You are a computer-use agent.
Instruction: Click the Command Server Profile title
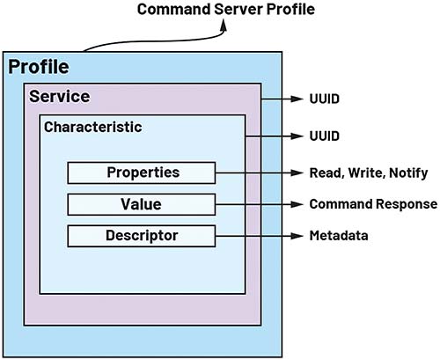point(226,9)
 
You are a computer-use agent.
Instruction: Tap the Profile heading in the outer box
point(39,67)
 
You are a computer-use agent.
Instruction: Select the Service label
point(60,96)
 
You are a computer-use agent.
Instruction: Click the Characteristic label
point(93,127)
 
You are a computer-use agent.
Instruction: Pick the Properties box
point(142,173)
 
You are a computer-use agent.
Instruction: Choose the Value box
point(142,204)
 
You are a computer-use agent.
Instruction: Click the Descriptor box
point(142,236)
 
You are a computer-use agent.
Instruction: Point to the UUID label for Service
point(325,99)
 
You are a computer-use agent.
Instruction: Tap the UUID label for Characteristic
point(325,136)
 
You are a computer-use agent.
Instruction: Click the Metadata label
point(339,236)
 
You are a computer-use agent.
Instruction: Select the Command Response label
point(373,204)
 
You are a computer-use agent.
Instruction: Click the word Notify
point(408,173)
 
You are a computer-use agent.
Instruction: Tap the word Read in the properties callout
point(326,173)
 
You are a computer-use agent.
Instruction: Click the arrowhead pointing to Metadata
point(297,236)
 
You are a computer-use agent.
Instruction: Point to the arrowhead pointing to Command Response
point(297,204)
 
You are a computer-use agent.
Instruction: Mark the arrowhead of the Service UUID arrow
point(297,99)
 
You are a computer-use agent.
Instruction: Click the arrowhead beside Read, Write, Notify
point(297,173)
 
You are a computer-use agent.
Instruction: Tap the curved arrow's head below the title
point(224,26)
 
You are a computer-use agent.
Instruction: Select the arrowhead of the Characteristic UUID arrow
point(297,136)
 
